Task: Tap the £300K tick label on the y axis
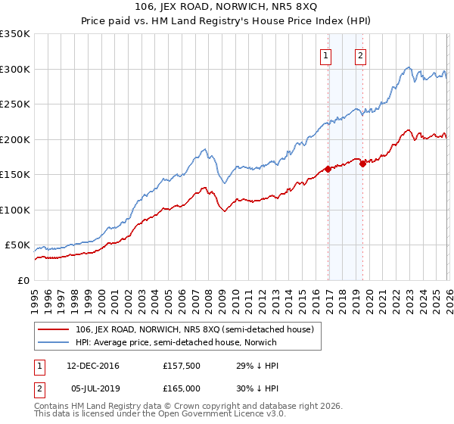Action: click(15, 69)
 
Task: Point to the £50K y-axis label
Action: click(17, 246)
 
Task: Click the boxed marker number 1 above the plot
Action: click(326, 55)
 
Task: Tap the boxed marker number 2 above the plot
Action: click(360, 55)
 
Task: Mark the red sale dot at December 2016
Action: click(328, 169)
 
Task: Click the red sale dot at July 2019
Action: click(362, 163)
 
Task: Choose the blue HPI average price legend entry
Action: click(174, 342)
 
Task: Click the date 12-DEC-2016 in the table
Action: click(93, 366)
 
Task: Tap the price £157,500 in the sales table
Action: click(181, 366)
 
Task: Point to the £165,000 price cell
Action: click(181, 388)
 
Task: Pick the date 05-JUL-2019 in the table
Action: click(93, 388)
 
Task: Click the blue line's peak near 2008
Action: click(205, 148)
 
